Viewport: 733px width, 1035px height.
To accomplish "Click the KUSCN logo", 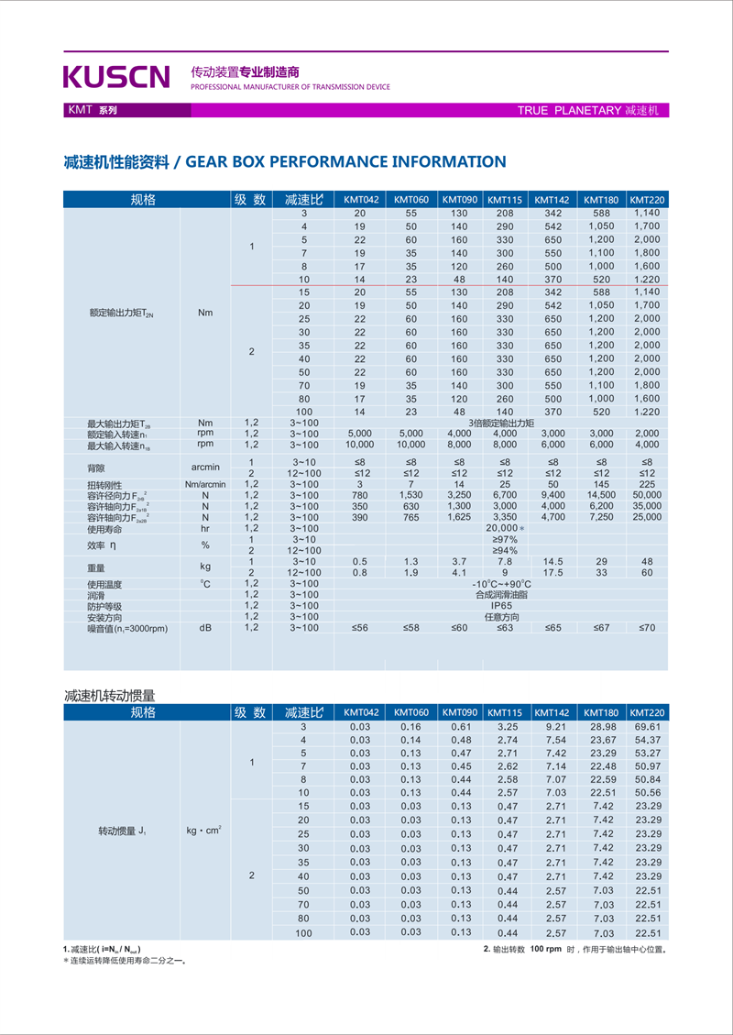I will (x=116, y=76).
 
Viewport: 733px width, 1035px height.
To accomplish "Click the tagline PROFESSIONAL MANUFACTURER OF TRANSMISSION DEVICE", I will (x=290, y=87).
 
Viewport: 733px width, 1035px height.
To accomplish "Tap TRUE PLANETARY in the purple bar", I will (x=569, y=110).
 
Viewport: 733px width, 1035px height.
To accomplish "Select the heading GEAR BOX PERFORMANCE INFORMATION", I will (x=345, y=162).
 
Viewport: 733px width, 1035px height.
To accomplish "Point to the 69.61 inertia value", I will (x=647, y=726).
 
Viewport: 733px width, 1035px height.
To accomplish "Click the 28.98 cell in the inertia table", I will (x=602, y=726).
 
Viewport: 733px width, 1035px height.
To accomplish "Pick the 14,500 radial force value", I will (x=601, y=495).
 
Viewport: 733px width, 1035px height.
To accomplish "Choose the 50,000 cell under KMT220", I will (x=646, y=495).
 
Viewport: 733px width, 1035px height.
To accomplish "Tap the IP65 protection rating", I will (x=501, y=606).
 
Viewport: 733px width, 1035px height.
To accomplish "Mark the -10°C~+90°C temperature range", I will (x=501, y=584).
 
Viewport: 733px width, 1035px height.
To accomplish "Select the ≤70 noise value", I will (x=646, y=628).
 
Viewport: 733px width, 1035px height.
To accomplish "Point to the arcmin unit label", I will (x=204, y=467).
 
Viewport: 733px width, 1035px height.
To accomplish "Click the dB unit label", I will (x=204, y=628).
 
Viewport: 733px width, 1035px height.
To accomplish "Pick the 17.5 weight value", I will (x=552, y=572).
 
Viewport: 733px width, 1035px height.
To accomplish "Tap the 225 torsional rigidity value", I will (x=646, y=484).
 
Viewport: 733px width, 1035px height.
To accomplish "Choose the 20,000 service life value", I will (x=502, y=528).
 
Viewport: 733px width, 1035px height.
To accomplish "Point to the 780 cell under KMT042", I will (x=360, y=495).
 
